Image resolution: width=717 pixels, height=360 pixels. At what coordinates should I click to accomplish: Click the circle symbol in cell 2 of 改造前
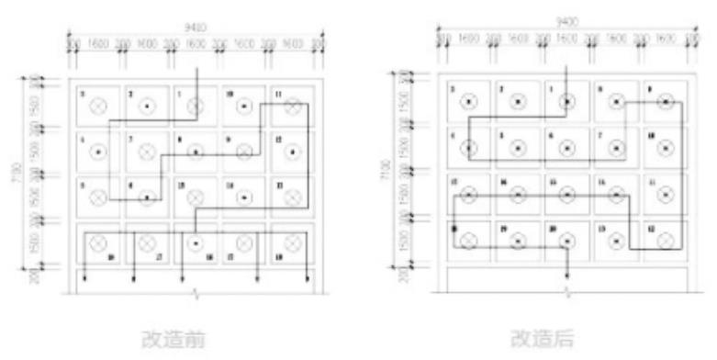coord(146,107)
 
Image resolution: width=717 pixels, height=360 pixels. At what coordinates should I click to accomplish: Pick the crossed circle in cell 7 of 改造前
coord(146,152)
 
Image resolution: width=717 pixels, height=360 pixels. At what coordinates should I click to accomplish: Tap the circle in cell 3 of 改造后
coord(470,102)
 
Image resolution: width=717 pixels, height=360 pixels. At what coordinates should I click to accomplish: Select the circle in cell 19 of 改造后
coord(519,241)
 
